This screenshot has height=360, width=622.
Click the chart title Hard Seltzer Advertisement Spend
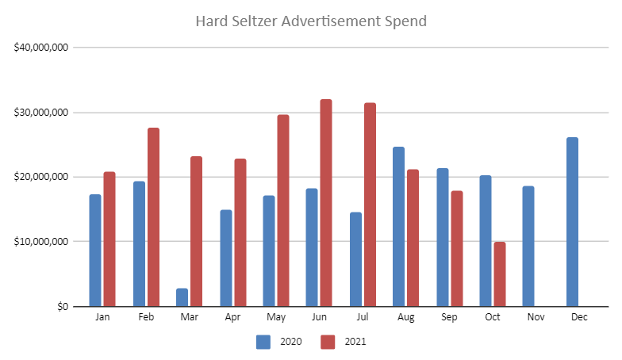(311, 21)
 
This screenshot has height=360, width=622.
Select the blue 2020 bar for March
(182, 297)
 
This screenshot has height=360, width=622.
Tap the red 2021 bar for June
(326, 203)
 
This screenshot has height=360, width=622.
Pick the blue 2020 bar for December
(572, 222)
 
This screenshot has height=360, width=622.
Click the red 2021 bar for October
(499, 274)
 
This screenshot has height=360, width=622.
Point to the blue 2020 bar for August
(398, 227)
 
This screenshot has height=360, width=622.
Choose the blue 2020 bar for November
(528, 246)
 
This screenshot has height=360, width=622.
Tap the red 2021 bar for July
(370, 205)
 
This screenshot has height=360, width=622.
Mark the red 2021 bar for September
(457, 249)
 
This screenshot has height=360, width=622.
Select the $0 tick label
(60, 306)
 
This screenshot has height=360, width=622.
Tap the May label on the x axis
(276, 317)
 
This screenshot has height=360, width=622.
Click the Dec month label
(579, 317)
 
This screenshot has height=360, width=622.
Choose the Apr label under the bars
(232, 317)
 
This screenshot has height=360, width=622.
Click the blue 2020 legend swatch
(263, 342)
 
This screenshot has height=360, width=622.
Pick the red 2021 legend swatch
(328, 342)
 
